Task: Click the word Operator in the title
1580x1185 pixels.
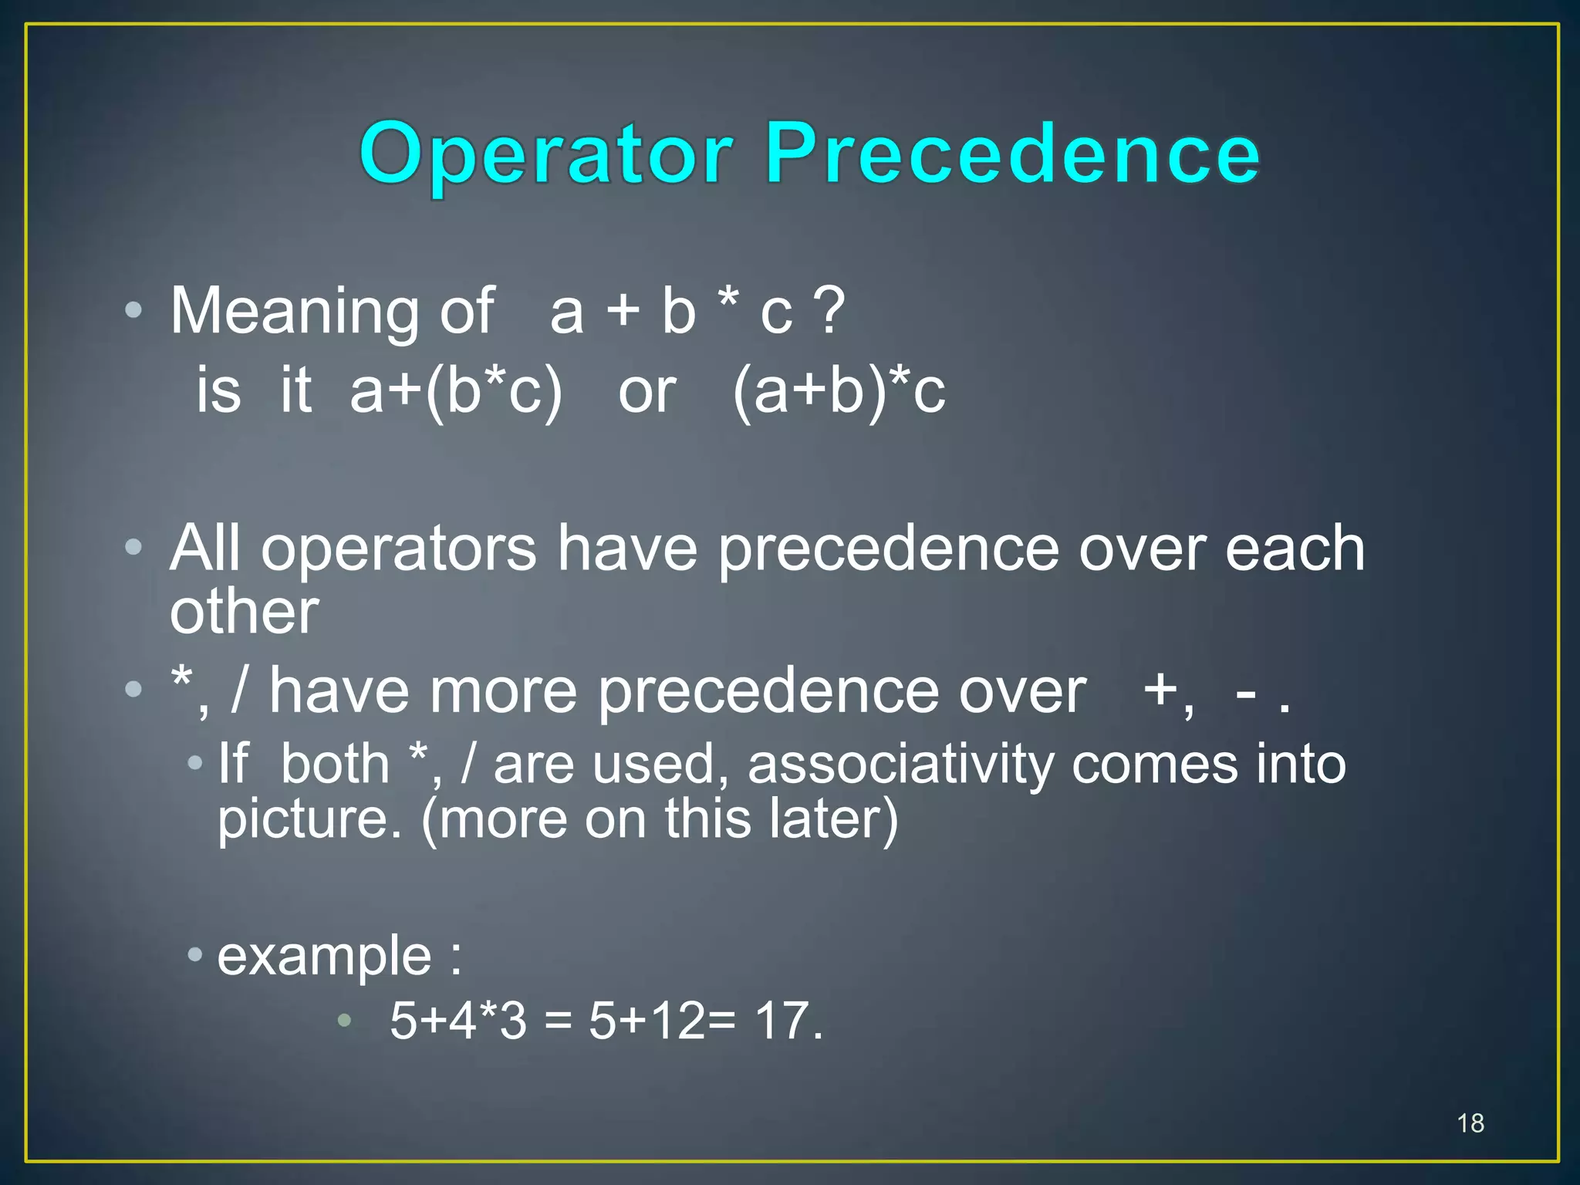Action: [x=545, y=155]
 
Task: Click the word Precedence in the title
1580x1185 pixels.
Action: [x=1012, y=154]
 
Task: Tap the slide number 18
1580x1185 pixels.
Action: [x=1470, y=1123]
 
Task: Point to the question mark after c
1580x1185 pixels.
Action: [x=830, y=311]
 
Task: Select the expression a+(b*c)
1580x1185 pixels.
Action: [x=456, y=391]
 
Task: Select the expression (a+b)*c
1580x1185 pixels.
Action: [x=839, y=391]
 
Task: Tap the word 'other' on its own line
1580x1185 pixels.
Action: [x=244, y=613]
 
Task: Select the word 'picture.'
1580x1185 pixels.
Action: [x=309, y=819]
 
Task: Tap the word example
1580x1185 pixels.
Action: [x=324, y=957]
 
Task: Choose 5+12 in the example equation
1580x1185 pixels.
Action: [x=647, y=1021]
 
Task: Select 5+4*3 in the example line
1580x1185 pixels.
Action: [x=458, y=1021]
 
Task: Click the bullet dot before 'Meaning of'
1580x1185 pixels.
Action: [x=133, y=311]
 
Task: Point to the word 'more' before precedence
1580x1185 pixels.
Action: [x=503, y=690]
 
